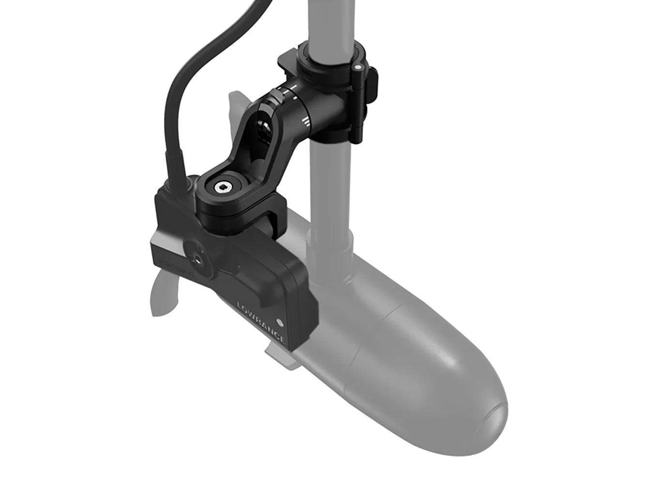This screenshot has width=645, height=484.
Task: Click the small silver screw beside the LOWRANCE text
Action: coord(279,321)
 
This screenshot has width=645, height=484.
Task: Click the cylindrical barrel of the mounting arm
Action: coord(310,104)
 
